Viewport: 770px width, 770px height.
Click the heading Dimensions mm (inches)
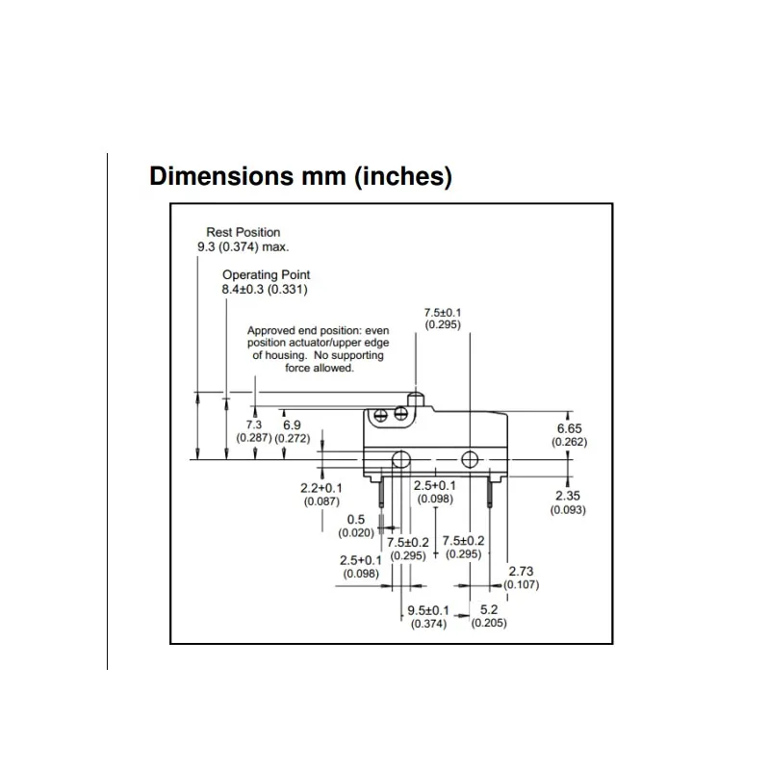[x=300, y=177]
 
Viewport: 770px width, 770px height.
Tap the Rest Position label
[x=244, y=232]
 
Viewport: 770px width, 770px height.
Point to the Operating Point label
[x=267, y=274]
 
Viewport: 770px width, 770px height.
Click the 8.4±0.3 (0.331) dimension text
[x=267, y=289]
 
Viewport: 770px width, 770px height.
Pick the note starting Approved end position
[x=316, y=348]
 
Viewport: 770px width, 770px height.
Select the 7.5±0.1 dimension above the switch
[x=443, y=319]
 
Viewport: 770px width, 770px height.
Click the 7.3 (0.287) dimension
[x=254, y=430]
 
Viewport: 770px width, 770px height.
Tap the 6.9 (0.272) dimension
[x=292, y=430]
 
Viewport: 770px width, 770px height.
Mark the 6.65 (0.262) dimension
[x=569, y=434]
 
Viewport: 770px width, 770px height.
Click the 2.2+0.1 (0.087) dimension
[x=321, y=494]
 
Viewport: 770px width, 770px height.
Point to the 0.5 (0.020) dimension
[x=356, y=526]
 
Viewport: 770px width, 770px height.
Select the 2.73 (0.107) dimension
[x=521, y=577]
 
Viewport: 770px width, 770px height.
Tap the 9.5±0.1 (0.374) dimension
[x=428, y=616]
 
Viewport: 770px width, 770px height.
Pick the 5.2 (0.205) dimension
[x=488, y=616]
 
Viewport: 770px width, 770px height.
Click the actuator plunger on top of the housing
[x=416, y=397]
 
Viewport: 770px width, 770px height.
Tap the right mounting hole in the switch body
[x=470, y=458]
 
